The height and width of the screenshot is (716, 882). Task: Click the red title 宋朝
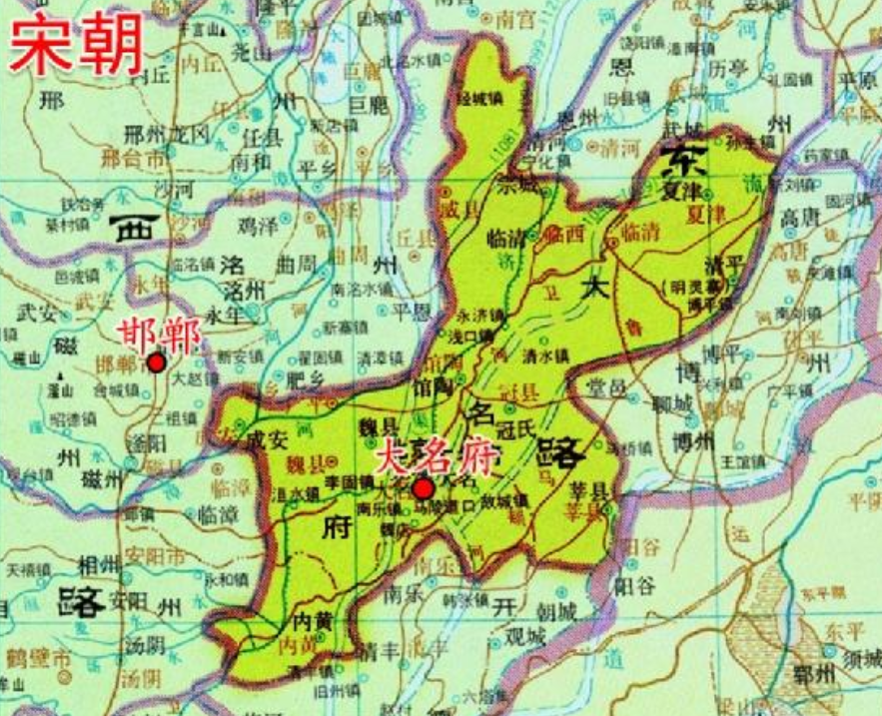point(76,44)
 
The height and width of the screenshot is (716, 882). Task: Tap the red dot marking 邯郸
point(155,362)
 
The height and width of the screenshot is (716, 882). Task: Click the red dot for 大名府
point(424,488)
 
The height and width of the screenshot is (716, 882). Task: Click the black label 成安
point(269,435)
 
